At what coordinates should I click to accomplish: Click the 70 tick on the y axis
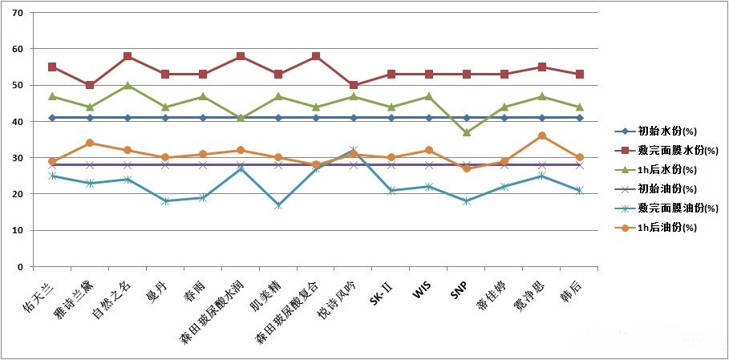[x=18, y=13]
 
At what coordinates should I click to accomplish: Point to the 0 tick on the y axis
[x=20, y=266]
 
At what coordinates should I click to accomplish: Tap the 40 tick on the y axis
[x=18, y=122]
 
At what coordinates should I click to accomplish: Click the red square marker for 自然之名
[x=128, y=57]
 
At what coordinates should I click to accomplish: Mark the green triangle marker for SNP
[x=467, y=132]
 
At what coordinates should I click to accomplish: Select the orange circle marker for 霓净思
[x=542, y=136]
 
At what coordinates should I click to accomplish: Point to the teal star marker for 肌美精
[x=278, y=205]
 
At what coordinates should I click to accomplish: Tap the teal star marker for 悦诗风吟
[x=354, y=151]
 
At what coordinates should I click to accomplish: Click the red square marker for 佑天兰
[x=52, y=67]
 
